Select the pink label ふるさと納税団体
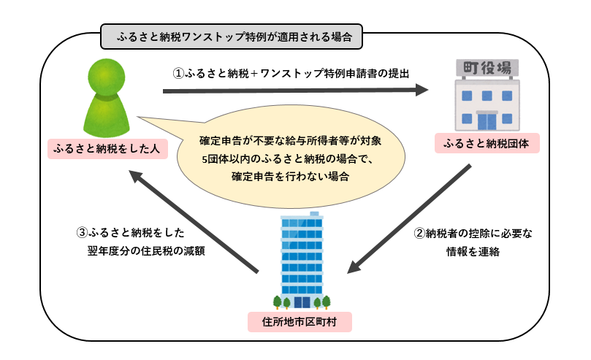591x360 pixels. (487, 142)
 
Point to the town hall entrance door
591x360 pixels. (487, 118)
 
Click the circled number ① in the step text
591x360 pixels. (178, 73)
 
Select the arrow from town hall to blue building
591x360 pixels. (409, 218)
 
